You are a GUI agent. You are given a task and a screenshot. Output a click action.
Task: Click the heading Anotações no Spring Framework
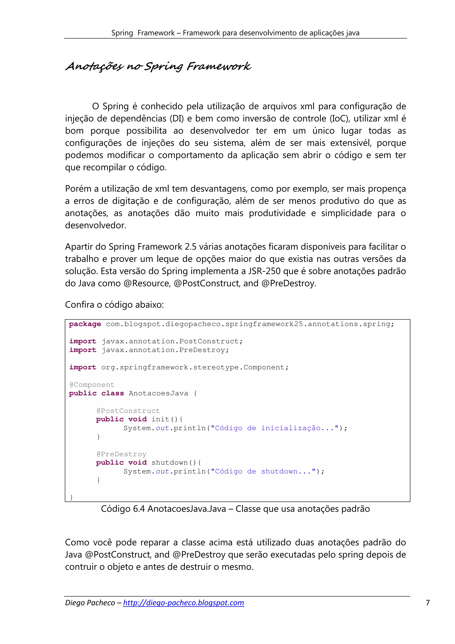(x=158, y=66)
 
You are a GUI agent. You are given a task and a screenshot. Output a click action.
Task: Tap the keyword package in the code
(x=85, y=324)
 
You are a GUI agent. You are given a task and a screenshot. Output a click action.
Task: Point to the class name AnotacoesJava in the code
(x=158, y=393)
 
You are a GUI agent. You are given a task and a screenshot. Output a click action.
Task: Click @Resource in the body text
(x=147, y=283)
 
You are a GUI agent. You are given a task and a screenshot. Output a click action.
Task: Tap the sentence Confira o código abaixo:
(x=114, y=305)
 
